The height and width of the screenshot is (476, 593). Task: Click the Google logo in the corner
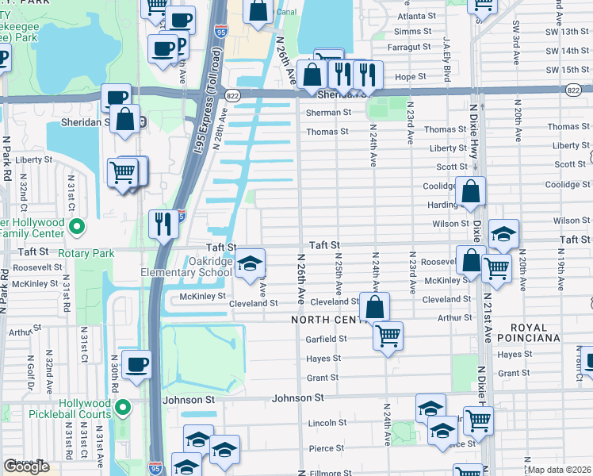click(26, 466)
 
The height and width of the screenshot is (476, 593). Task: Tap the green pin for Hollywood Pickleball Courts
click(122, 409)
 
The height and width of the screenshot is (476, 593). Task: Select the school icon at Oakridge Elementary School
click(250, 265)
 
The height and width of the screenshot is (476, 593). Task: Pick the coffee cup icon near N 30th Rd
click(136, 365)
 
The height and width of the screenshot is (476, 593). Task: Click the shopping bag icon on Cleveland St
click(374, 306)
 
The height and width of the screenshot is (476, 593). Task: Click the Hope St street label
click(410, 76)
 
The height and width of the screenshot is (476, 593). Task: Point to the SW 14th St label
click(563, 51)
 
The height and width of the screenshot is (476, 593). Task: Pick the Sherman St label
click(328, 113)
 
